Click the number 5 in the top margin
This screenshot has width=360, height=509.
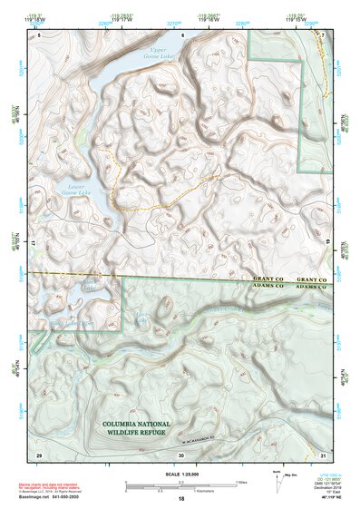pyautogui.click(x=39, y=34)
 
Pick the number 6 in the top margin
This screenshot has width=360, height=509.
pyautogui.click(x=182, y=34)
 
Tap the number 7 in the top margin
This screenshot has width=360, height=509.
pyautogui.click(x=324, y=34)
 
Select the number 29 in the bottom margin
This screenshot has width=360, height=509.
pyautogui.click(x=38, y=454)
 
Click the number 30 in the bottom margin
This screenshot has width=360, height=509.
pyautogui.click(x=181, y=454)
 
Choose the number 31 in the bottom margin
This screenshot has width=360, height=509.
pyautogui.click(x=323, y=454)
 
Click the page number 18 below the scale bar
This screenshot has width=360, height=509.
pyautogui.click(x=181, y=498)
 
